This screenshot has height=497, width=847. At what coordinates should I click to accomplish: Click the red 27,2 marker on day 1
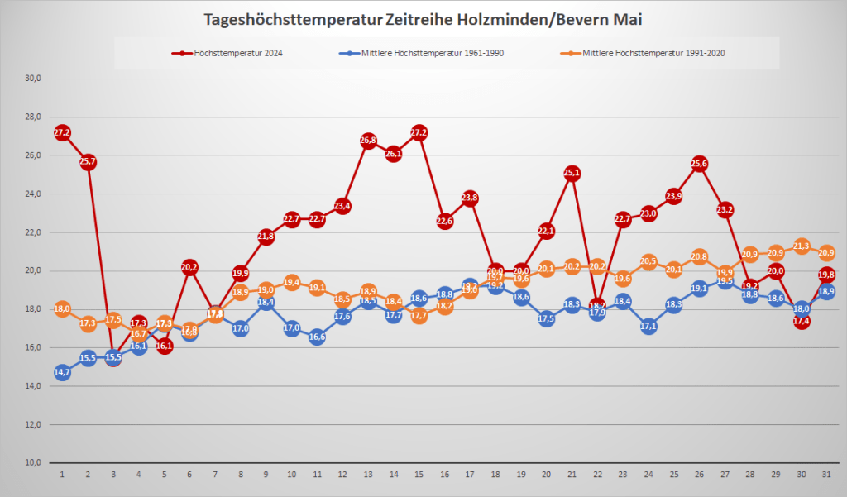[62, 132]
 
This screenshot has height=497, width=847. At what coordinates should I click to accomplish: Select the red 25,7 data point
[88, 161]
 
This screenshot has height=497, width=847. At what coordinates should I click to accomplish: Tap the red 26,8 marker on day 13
[368, 140]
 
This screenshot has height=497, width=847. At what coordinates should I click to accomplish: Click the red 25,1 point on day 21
[572, 173]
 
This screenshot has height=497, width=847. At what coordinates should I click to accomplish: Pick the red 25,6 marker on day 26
[699, 163]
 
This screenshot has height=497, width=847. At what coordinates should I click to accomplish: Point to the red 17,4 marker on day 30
[801, 321]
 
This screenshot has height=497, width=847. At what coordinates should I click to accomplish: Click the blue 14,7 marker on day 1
[62, 373]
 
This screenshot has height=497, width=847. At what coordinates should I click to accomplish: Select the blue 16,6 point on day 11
[317, 337]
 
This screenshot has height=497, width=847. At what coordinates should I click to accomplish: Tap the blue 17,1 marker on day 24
[648, 327]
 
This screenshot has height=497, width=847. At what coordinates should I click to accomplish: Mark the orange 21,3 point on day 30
[801, 246]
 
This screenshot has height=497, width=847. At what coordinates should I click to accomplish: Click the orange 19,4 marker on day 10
[291, 282]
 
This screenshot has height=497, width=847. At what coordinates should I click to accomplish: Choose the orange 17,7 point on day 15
[419, 315]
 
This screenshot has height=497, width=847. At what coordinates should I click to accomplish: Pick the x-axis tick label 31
[826, 475]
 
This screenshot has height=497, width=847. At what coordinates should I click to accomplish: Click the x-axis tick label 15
[419, 475]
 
